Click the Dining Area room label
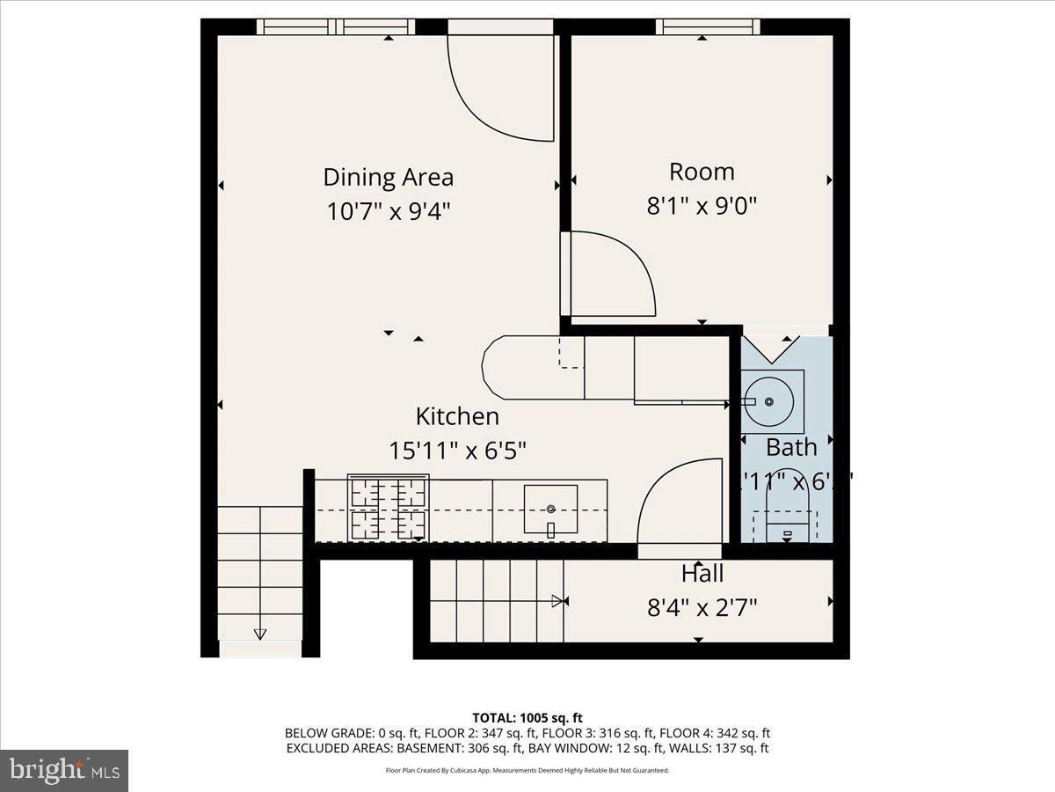388,177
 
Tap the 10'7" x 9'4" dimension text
388,211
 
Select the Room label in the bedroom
702,172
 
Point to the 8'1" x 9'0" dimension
702,206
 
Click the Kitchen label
457,416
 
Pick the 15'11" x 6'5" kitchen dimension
457,451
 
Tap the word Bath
791,447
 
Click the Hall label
702,575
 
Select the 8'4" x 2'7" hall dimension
702,607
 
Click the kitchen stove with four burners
388,508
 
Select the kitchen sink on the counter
551,510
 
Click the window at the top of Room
708,26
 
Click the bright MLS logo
64,771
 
